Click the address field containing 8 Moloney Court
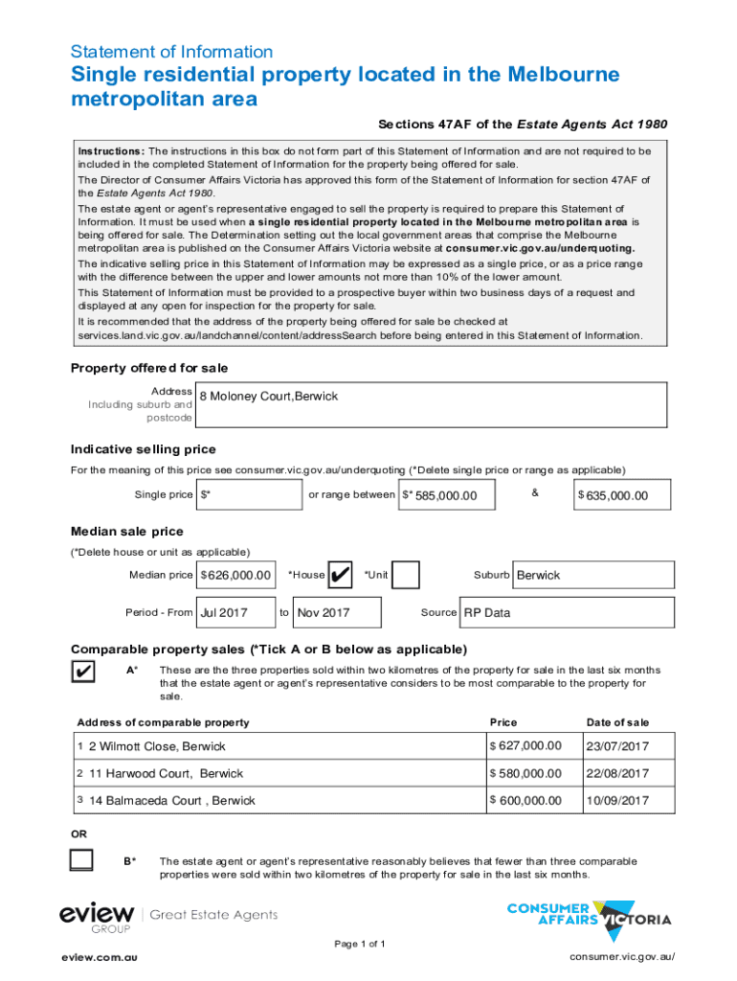[x=431, y=403]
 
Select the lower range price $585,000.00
[x=447, y=494]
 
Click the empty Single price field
[x=248, y=494]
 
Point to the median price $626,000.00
[x=235, y=575]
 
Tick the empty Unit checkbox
[x=406, y=575]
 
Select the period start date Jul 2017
[x=234, y=612]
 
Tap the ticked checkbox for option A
[x=82, y=673]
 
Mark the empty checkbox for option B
[x=82, y=860]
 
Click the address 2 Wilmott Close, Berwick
[x=158, y=746]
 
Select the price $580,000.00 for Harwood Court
[x=525, y=773]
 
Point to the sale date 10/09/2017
[x=618, y=800]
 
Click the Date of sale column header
[x=617, y=722]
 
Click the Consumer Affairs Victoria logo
[x=588, y=919]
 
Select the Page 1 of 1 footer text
[x=360, y=945]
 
